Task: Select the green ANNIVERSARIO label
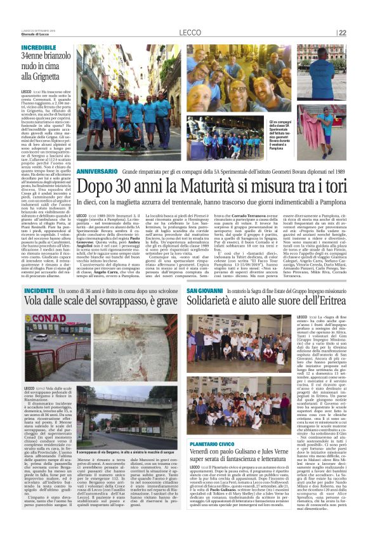coord(97,154)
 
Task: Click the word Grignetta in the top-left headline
coord(51,82)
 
